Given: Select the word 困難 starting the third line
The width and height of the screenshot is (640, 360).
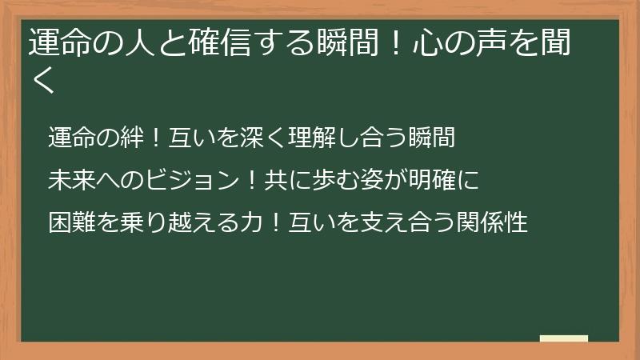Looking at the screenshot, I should (x=70, y=222).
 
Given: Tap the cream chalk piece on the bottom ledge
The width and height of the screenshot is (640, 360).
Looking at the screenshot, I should (x=564, y=338).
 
